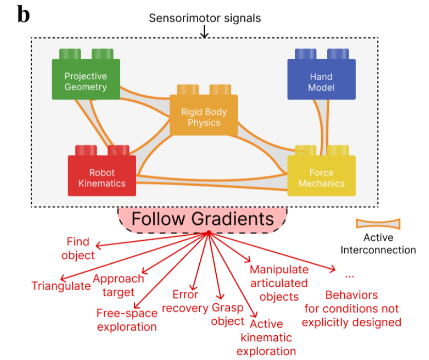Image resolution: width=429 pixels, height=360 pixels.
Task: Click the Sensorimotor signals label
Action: coord(205,18)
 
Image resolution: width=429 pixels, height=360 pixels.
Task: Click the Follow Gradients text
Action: coord(202,219)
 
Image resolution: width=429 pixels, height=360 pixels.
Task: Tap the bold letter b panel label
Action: coord(24,14)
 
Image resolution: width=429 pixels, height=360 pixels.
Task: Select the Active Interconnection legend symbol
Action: coord(378,223)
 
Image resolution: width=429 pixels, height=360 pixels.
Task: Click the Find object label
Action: coord(78,248)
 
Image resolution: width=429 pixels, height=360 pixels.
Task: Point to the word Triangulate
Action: coord(61,286)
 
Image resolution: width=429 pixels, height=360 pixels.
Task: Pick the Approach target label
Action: coord(118,285)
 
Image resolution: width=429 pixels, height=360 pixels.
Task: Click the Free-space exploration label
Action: coord(126,320)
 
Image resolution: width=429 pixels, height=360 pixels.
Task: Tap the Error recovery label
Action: coord(185,301)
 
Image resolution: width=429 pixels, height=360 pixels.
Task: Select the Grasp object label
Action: coord(228,314)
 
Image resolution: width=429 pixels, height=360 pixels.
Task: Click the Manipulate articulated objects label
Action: coord(279,283)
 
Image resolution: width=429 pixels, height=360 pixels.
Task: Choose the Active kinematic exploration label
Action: coord(266,337)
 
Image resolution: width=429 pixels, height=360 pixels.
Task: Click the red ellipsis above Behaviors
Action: coord(349,276)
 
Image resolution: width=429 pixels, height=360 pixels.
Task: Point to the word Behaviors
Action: coord(351,296)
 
